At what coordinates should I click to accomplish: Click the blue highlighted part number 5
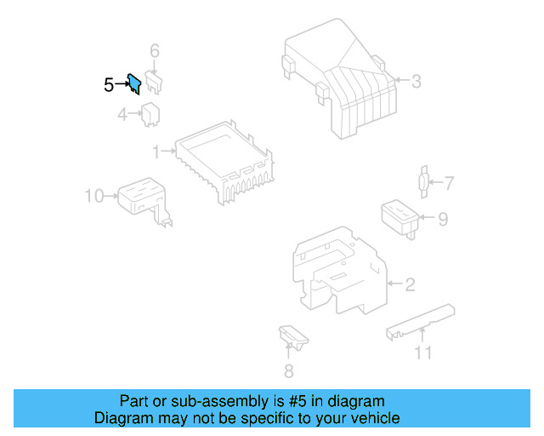tap(133, 83)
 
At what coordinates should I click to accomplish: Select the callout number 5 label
tap(108, 84)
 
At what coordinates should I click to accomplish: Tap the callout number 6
tap(155, 51)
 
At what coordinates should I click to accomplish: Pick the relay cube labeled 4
tap(153, 112)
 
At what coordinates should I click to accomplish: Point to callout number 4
tap(122, 113)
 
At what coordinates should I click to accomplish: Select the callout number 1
tap(156, 152)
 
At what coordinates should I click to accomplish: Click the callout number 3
tap(416, 82)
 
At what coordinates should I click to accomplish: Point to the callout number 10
tap(93, 197)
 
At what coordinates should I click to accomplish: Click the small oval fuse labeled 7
tap(423, 181)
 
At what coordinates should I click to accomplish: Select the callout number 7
tap(449, 182)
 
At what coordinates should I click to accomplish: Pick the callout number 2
tap(410, 284)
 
